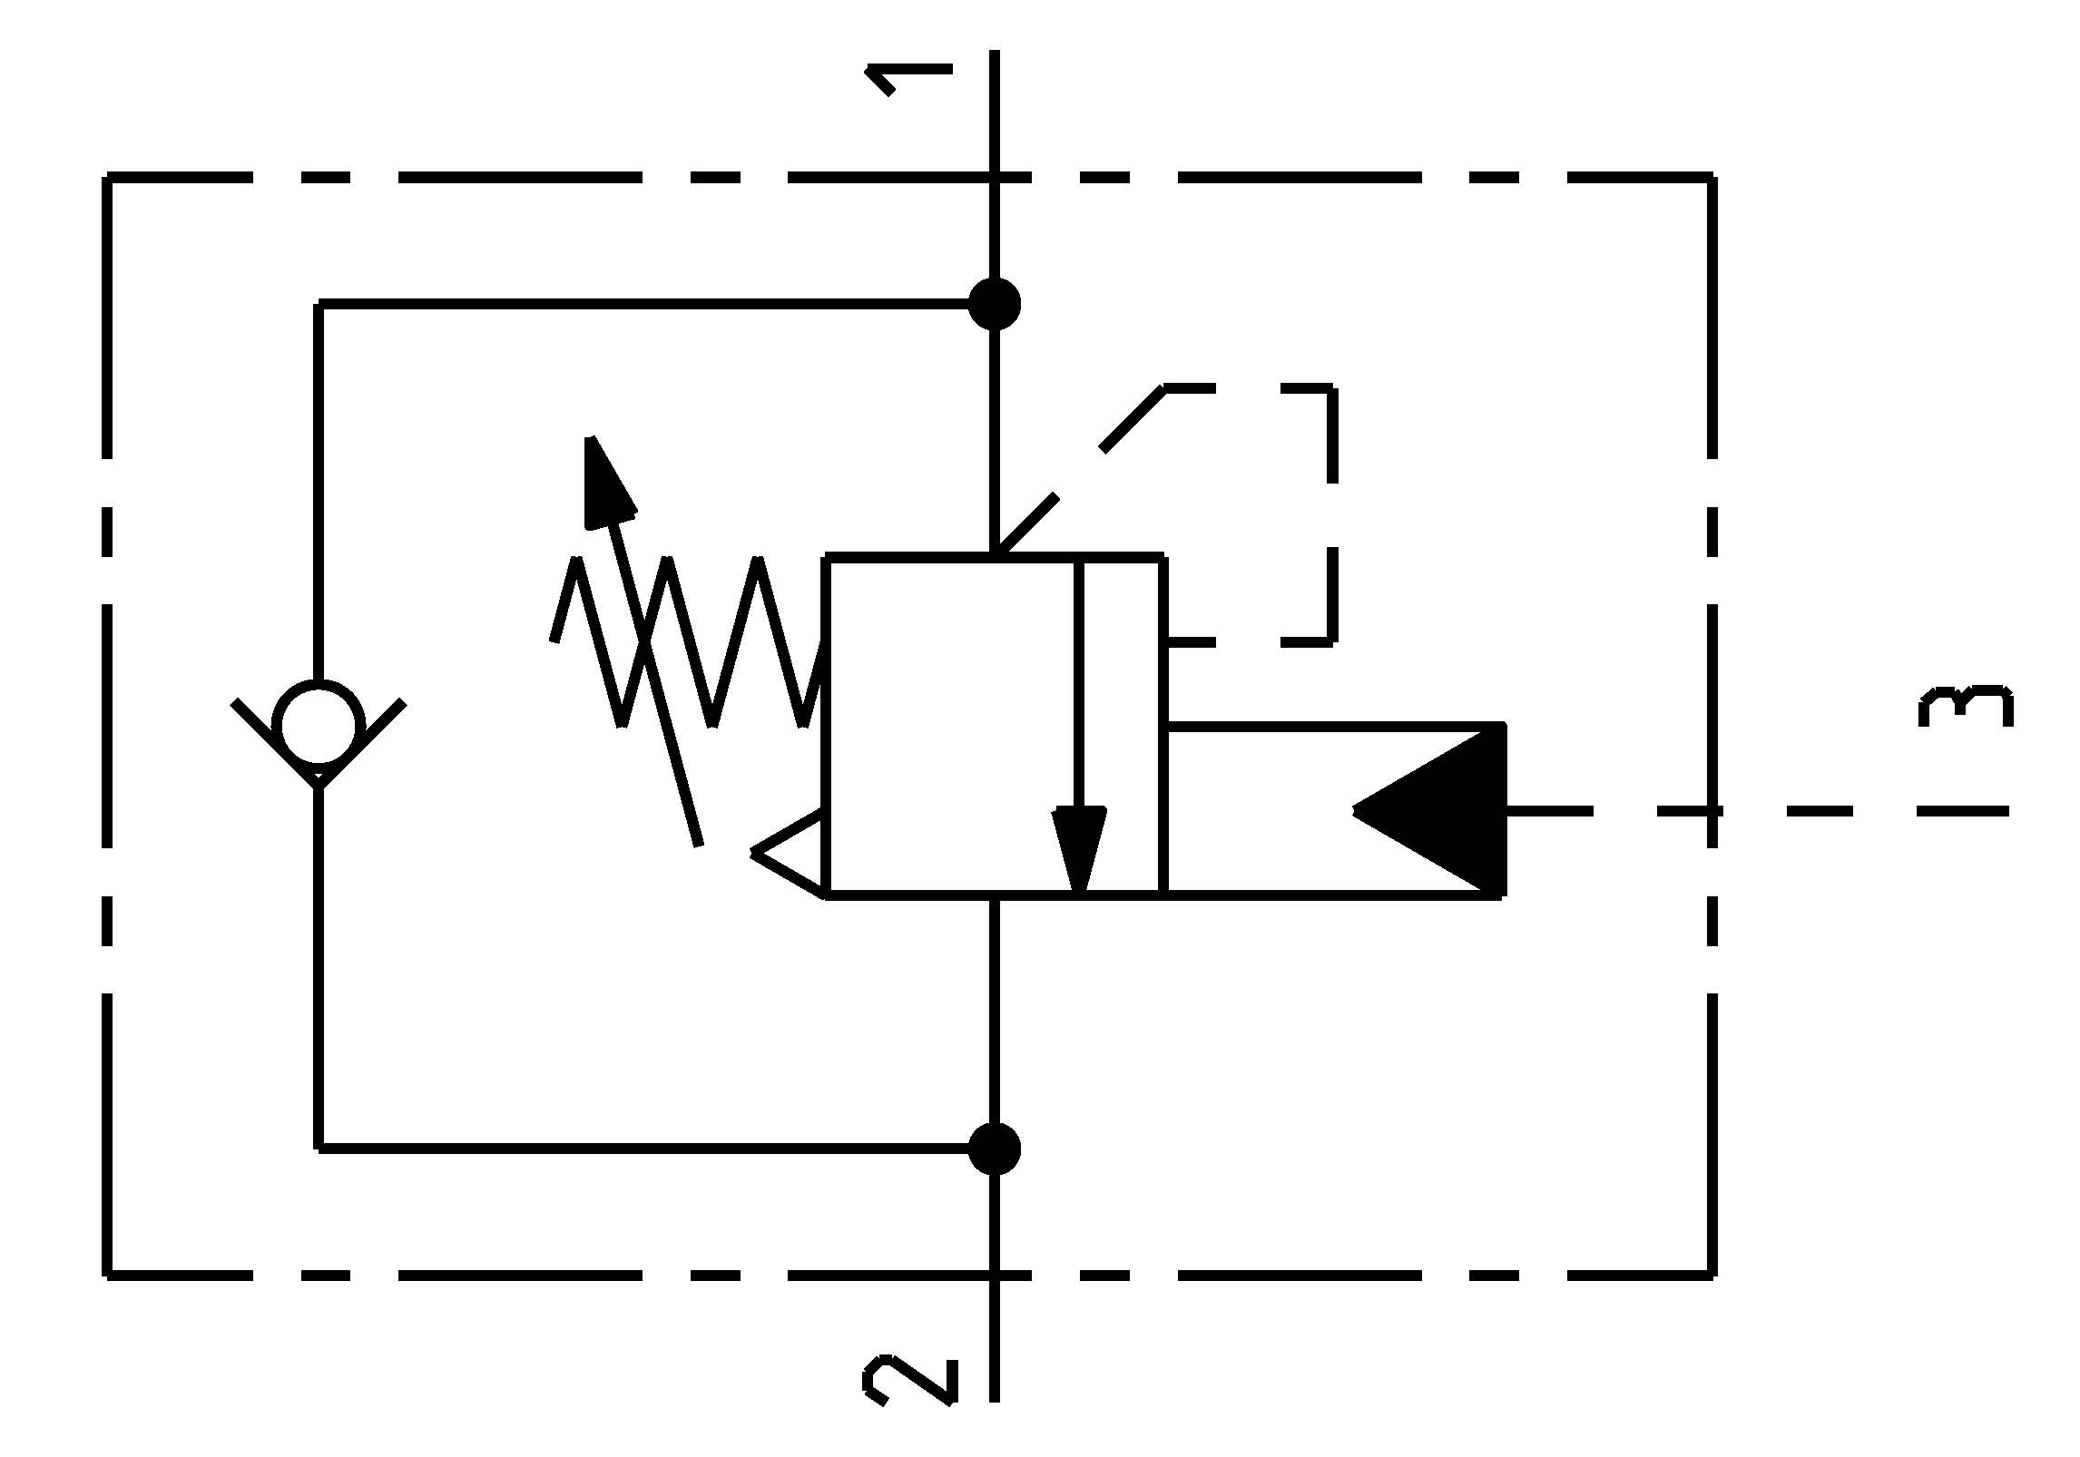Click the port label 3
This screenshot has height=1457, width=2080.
pyautogui.click(x=1966, y=707)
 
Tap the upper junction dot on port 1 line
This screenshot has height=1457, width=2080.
pyautogui.click(x=995, y=304)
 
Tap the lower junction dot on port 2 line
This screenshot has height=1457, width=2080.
pyautogui.click(x=995, y=1149)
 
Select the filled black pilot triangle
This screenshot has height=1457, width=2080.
pyautogui.click(x=1443, y=810)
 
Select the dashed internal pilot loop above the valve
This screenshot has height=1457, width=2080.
pyautogui.click(x=1332, y=508)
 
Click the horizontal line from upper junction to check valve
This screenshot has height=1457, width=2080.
pyautogui.click(x=635, y=304)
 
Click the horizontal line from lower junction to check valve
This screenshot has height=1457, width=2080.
pyautogui.click(x=635, y=1149)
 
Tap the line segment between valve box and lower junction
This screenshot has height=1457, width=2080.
pyautogui.click(x=995, y=1016)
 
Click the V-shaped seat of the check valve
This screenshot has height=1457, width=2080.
pyautogui.click(x=318, y=771)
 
